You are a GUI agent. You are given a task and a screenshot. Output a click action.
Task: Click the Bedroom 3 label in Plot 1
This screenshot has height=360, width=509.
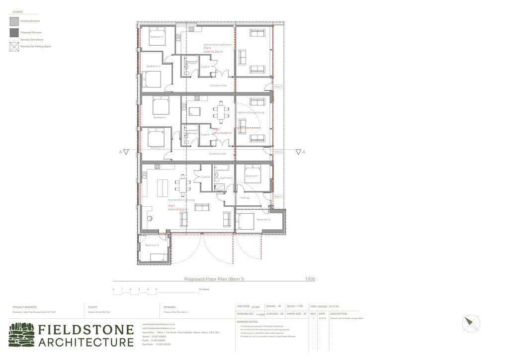pos(152,245)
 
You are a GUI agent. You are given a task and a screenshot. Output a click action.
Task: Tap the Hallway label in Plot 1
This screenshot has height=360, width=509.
pos(245,198)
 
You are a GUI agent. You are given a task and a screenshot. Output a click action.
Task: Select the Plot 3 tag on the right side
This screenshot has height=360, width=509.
pos(278,87)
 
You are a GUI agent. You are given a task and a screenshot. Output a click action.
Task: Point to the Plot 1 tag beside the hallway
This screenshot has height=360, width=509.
pos(278,196)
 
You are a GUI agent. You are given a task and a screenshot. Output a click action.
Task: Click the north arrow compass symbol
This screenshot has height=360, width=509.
pos(470,324)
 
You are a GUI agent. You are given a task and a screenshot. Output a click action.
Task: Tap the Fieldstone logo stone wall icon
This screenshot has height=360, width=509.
pos(22,335)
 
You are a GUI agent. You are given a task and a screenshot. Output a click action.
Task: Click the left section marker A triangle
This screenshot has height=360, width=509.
pos(126,152)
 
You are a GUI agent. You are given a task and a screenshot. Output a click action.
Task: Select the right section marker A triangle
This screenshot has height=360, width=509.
pos(298,152)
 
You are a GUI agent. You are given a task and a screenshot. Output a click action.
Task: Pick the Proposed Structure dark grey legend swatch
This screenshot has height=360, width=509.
pos(14,32)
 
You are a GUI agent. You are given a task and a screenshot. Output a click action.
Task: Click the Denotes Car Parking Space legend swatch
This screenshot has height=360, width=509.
pos(14,47)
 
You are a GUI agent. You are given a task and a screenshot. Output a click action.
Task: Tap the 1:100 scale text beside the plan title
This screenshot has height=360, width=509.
pos(310,279)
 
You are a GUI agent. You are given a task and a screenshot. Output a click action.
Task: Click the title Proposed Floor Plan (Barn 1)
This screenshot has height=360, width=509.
pos(214,279)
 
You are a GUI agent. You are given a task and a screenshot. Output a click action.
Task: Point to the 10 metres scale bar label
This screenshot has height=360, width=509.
pos(204,289)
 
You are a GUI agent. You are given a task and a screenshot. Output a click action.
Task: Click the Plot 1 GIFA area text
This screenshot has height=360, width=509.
pos(177,210)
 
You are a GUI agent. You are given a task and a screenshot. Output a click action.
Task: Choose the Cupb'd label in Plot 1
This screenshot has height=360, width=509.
pos(205,177)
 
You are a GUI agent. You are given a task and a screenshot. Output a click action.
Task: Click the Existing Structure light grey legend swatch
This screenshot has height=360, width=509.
pos(14,21)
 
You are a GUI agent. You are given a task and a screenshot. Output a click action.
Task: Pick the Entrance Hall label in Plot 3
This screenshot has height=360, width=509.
pos(218,86)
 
